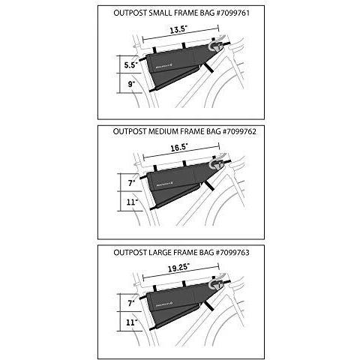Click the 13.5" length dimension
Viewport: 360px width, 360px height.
point(177,31)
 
